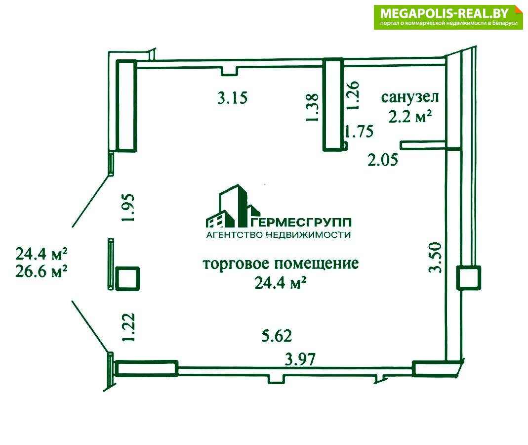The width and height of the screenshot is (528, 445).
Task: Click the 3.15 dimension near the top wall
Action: point(232,98)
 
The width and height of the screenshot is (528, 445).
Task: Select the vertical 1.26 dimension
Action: point(353,95)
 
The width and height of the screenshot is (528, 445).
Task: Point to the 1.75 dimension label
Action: point(359,131)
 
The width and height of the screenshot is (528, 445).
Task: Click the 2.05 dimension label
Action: point(382,160)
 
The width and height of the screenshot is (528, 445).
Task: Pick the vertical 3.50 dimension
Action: point(435,257)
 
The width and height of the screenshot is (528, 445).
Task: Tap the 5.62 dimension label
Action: point(277,336)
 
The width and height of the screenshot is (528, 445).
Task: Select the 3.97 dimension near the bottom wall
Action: point(300,359)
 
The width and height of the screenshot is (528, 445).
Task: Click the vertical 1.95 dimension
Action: point(128,207)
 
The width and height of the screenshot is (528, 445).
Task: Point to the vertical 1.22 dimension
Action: point(128,327)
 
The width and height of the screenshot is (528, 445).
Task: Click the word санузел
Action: point(410,97)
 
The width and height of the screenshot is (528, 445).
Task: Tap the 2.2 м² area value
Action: point(410,117)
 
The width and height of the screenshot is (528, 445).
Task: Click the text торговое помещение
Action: point(281,264)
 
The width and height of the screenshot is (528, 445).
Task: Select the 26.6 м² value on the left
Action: point(41,271)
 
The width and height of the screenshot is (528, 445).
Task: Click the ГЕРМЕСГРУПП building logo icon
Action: point(232,206)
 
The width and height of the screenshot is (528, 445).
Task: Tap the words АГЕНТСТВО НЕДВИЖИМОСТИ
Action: point(279,235)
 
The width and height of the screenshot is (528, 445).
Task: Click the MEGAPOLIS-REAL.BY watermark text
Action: point(445,13)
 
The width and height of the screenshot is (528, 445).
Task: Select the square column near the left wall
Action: point(127,278)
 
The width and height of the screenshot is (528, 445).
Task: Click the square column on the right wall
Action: point(468,278)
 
